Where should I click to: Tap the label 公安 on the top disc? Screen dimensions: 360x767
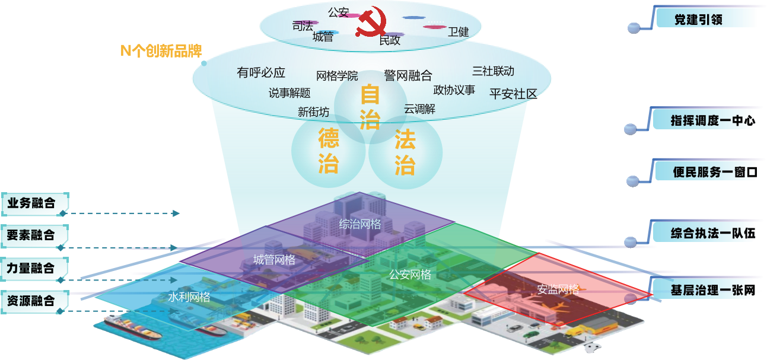[338, 12]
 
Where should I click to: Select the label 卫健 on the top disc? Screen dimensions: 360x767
[458, 32]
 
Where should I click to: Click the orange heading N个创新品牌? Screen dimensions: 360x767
[161, 51]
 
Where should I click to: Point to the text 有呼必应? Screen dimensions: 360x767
[261, 73]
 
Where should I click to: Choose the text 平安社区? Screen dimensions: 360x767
[513, 94]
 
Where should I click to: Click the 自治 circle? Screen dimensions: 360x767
[370, 107]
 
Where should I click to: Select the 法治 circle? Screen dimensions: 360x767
[405, 152]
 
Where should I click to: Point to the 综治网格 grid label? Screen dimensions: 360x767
[359, 224]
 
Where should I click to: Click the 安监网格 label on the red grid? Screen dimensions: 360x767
[558, 289]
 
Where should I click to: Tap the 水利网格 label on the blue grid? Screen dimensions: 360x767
[189, 297]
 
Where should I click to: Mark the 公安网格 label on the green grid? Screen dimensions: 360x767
[410, 275]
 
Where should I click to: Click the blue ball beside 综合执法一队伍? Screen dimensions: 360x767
[631, 241]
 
